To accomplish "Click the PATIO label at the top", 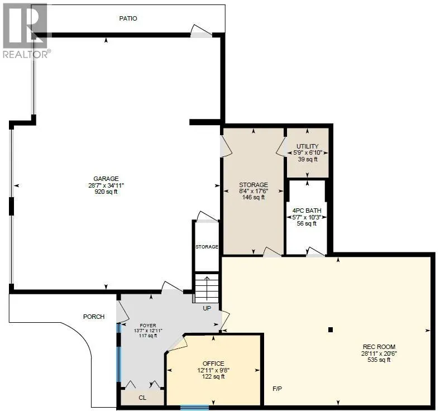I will [128, 18].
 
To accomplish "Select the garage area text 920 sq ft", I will [106, 192].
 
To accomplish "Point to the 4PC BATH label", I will [307, 210].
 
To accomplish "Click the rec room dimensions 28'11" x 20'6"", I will [375, 353].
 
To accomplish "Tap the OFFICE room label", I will [213, 364].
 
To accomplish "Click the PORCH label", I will [94, 317].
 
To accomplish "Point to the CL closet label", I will [142, 398].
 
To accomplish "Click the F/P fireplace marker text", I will [276, 388].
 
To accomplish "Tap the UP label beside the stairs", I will [206, 308].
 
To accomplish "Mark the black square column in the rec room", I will [331, 329].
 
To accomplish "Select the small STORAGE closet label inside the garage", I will [207, 246].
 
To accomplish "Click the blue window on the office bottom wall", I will [194, 408].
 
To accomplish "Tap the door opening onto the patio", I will [201, 32].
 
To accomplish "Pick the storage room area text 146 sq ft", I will [254, 197].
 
